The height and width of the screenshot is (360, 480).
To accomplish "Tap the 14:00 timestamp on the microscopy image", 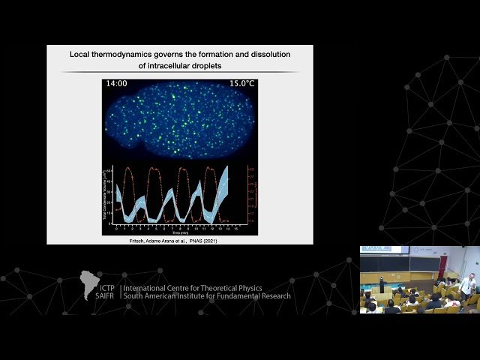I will pyautogui.click(x=117, y=83).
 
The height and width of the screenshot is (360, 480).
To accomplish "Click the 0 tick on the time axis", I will pyautogui.click(x=116, y=227).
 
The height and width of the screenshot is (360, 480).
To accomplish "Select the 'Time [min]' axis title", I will pyautogui.click(x=178, y=233).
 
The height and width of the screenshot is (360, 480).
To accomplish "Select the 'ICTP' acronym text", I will pyautogui.click(x=106, y=287).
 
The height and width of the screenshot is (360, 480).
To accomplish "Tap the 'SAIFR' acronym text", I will pyautogui.click(x=105, y=295).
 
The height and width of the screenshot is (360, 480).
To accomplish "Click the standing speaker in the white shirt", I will pyautogui.click(x=468, y=284).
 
